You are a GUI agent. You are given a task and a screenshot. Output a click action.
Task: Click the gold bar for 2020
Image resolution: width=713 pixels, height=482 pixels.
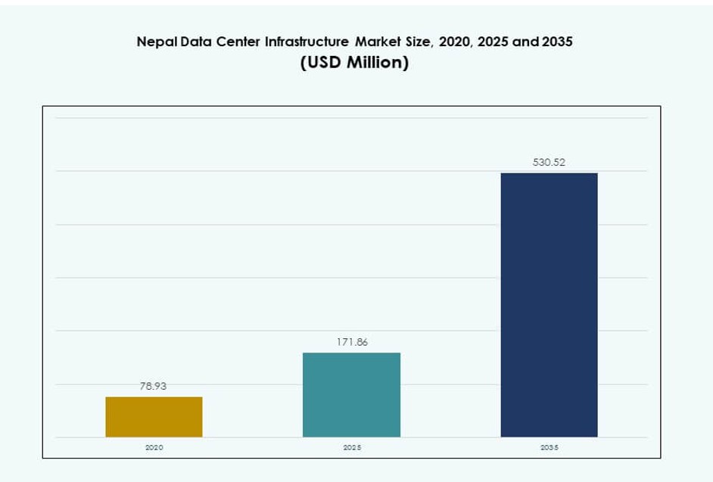pyautogui.click(x=154, y=417)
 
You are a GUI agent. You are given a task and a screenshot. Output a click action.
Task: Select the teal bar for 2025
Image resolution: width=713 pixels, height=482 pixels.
pyautogui.click(x=351, y=394)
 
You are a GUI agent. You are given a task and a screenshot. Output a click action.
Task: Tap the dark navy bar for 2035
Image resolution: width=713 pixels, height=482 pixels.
pyautogui.click(x=549, y=305)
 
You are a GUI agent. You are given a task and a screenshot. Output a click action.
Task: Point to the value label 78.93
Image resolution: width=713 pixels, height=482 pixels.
pyautogui.click(x=153, y=386)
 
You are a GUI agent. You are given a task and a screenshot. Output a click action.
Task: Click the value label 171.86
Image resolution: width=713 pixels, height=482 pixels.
pyautogui.click(x=352, y=342)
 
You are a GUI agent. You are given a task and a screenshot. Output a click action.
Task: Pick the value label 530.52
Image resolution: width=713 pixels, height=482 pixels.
pyautogui.click(x=549, y=162)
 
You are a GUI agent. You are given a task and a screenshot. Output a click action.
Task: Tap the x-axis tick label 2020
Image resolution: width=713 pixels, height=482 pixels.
pyautogui.click(x=154, y=448)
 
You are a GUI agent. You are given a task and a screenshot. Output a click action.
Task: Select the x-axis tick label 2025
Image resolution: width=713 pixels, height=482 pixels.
pyautogui.click(x=351, y=448)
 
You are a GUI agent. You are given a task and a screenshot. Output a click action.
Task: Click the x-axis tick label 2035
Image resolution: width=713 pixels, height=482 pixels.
pyautogui.click(x=549, y=448)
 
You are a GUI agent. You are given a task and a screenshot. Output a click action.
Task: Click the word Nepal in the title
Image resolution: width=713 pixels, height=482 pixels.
pyautogui.click(x=154, y=42)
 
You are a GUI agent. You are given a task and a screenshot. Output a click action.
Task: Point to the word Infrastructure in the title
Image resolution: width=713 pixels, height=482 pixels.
pyautogui.click(x=307, y=42)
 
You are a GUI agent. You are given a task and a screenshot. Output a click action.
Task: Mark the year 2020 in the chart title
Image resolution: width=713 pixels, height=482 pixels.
pyautogui.click(x=454, y=42)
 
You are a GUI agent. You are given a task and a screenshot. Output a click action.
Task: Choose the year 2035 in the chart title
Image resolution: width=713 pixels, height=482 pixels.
pyautogui.click(x=556, y=42)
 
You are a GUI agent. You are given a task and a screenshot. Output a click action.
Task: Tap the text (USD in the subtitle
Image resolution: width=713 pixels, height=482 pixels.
pyautogui.click(x=321, y=64)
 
